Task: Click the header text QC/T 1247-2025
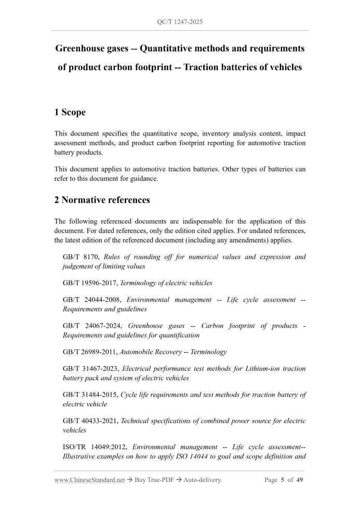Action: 180,22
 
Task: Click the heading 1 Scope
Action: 70,112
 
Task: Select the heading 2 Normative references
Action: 102,200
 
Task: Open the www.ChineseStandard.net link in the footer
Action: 89,480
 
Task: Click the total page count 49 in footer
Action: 300,480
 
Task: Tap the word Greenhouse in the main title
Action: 84,49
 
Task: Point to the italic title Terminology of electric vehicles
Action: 166,283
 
